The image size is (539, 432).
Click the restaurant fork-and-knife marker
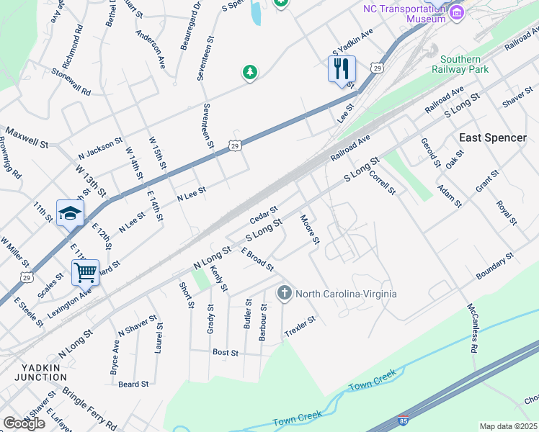(x=341, y=68)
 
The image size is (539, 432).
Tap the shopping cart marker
(x=85, y=273)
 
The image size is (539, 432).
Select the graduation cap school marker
(x=70, y=213)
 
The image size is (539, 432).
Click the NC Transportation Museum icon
(x=455, y=12)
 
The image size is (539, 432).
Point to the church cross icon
(x=284, y=293)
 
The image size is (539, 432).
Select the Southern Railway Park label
(x=460, y=64)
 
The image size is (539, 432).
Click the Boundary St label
(x=494, y=266)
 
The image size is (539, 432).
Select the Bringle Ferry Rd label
(x=89, y=408)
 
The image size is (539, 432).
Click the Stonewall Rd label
(x=71, y=82)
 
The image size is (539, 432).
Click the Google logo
(x=24, y=423)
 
